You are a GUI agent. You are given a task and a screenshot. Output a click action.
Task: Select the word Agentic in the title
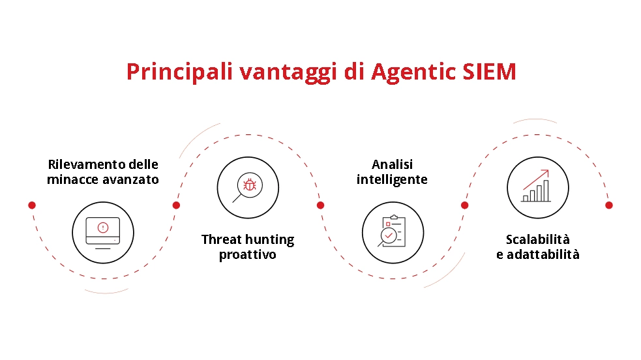tap(405, 72)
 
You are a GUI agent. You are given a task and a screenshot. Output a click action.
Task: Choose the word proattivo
tap(247, 254)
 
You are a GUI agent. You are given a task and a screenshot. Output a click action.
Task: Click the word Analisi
tap(392, 164)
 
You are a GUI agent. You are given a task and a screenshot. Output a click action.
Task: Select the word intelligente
tap(392, 179)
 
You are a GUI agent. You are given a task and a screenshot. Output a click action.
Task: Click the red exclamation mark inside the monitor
tap(102, 228)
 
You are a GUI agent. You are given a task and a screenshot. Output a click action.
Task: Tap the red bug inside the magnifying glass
tap(249, 185)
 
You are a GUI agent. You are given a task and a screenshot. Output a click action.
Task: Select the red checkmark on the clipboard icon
tap(390, 233)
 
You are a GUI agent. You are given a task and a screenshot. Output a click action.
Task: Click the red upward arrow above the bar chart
tap(536, 178)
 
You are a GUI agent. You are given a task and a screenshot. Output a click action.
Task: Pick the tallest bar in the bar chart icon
tap(546, 190)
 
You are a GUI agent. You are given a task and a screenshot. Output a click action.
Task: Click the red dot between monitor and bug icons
tap(176, 205)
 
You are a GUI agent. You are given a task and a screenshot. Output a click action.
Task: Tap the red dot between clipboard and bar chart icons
tap(464, 205)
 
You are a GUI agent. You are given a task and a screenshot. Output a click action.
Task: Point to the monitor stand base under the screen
tap(102, 248)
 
